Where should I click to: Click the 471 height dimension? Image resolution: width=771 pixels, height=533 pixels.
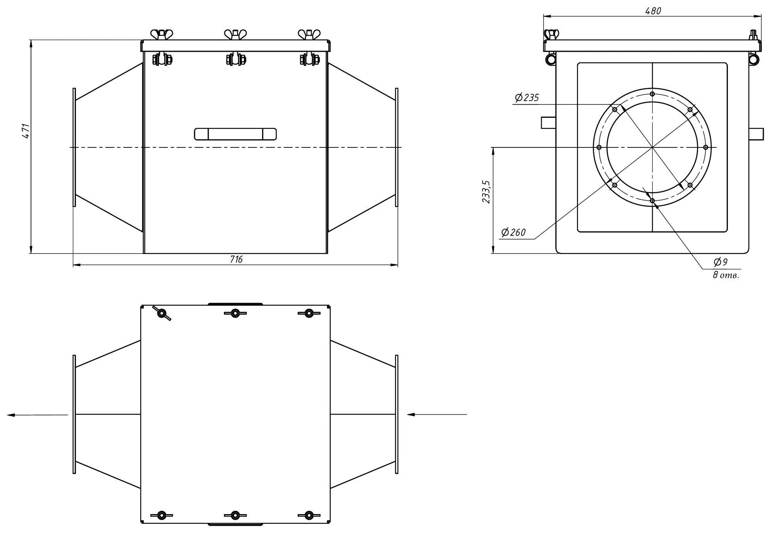(x=25, y=131)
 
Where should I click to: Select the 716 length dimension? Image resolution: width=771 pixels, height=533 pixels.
(x=236, y=259)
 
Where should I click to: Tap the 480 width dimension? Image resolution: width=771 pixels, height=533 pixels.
(x=653, y=11)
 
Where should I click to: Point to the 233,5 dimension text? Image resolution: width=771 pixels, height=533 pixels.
(x=486, y=192)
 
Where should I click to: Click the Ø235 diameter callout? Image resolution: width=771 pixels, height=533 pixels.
(x=527, y=98)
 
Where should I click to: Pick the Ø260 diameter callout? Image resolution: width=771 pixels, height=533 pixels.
(x=513, y=232)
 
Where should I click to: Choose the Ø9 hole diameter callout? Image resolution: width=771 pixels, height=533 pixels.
(x=720, y=262)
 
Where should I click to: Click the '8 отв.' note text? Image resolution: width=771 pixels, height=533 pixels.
(x=726, y=275)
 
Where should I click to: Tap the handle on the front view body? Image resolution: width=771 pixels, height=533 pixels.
(x=235, y=134)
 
